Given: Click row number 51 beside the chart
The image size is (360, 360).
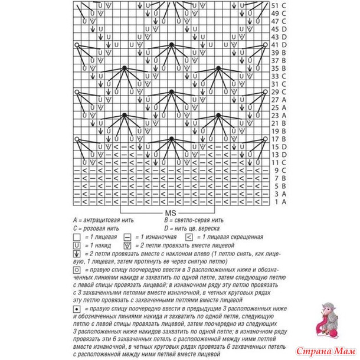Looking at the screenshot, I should coord(274,5).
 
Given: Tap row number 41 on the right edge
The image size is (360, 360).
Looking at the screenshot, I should coord(274,44).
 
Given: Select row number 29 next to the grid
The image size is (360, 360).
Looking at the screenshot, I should coord(274,92).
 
